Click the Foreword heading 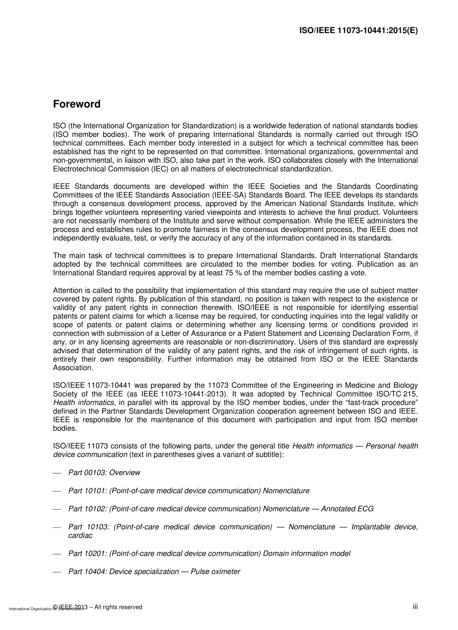coord(77,104)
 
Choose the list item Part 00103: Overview coord(104,472)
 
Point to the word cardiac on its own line coord(81,535)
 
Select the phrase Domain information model coord(307,553)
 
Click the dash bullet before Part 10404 coord(57,572)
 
